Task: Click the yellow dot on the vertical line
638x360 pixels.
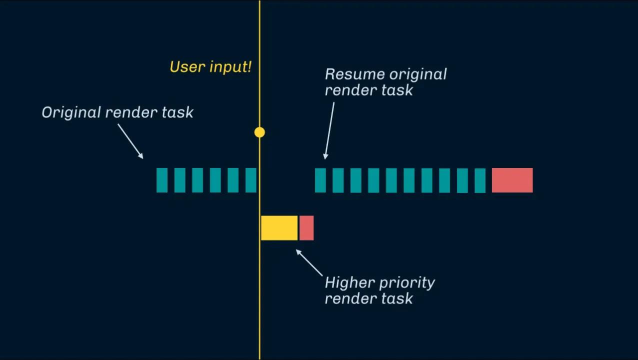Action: [259, 132]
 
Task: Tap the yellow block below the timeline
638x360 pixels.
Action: [279, 228]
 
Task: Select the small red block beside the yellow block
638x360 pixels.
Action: [306, 228]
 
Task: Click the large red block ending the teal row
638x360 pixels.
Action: [512, 180]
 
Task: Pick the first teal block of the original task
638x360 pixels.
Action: [162, 180]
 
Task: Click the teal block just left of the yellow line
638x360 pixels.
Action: [251, 180]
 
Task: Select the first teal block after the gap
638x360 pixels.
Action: [320, 180]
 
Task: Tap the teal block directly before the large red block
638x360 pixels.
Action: [480, 180]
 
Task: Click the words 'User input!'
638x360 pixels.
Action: [210, 67]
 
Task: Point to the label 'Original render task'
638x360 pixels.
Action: [117, 112]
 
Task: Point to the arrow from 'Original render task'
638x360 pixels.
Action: [130, 141]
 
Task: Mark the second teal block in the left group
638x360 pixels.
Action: [180, 180]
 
